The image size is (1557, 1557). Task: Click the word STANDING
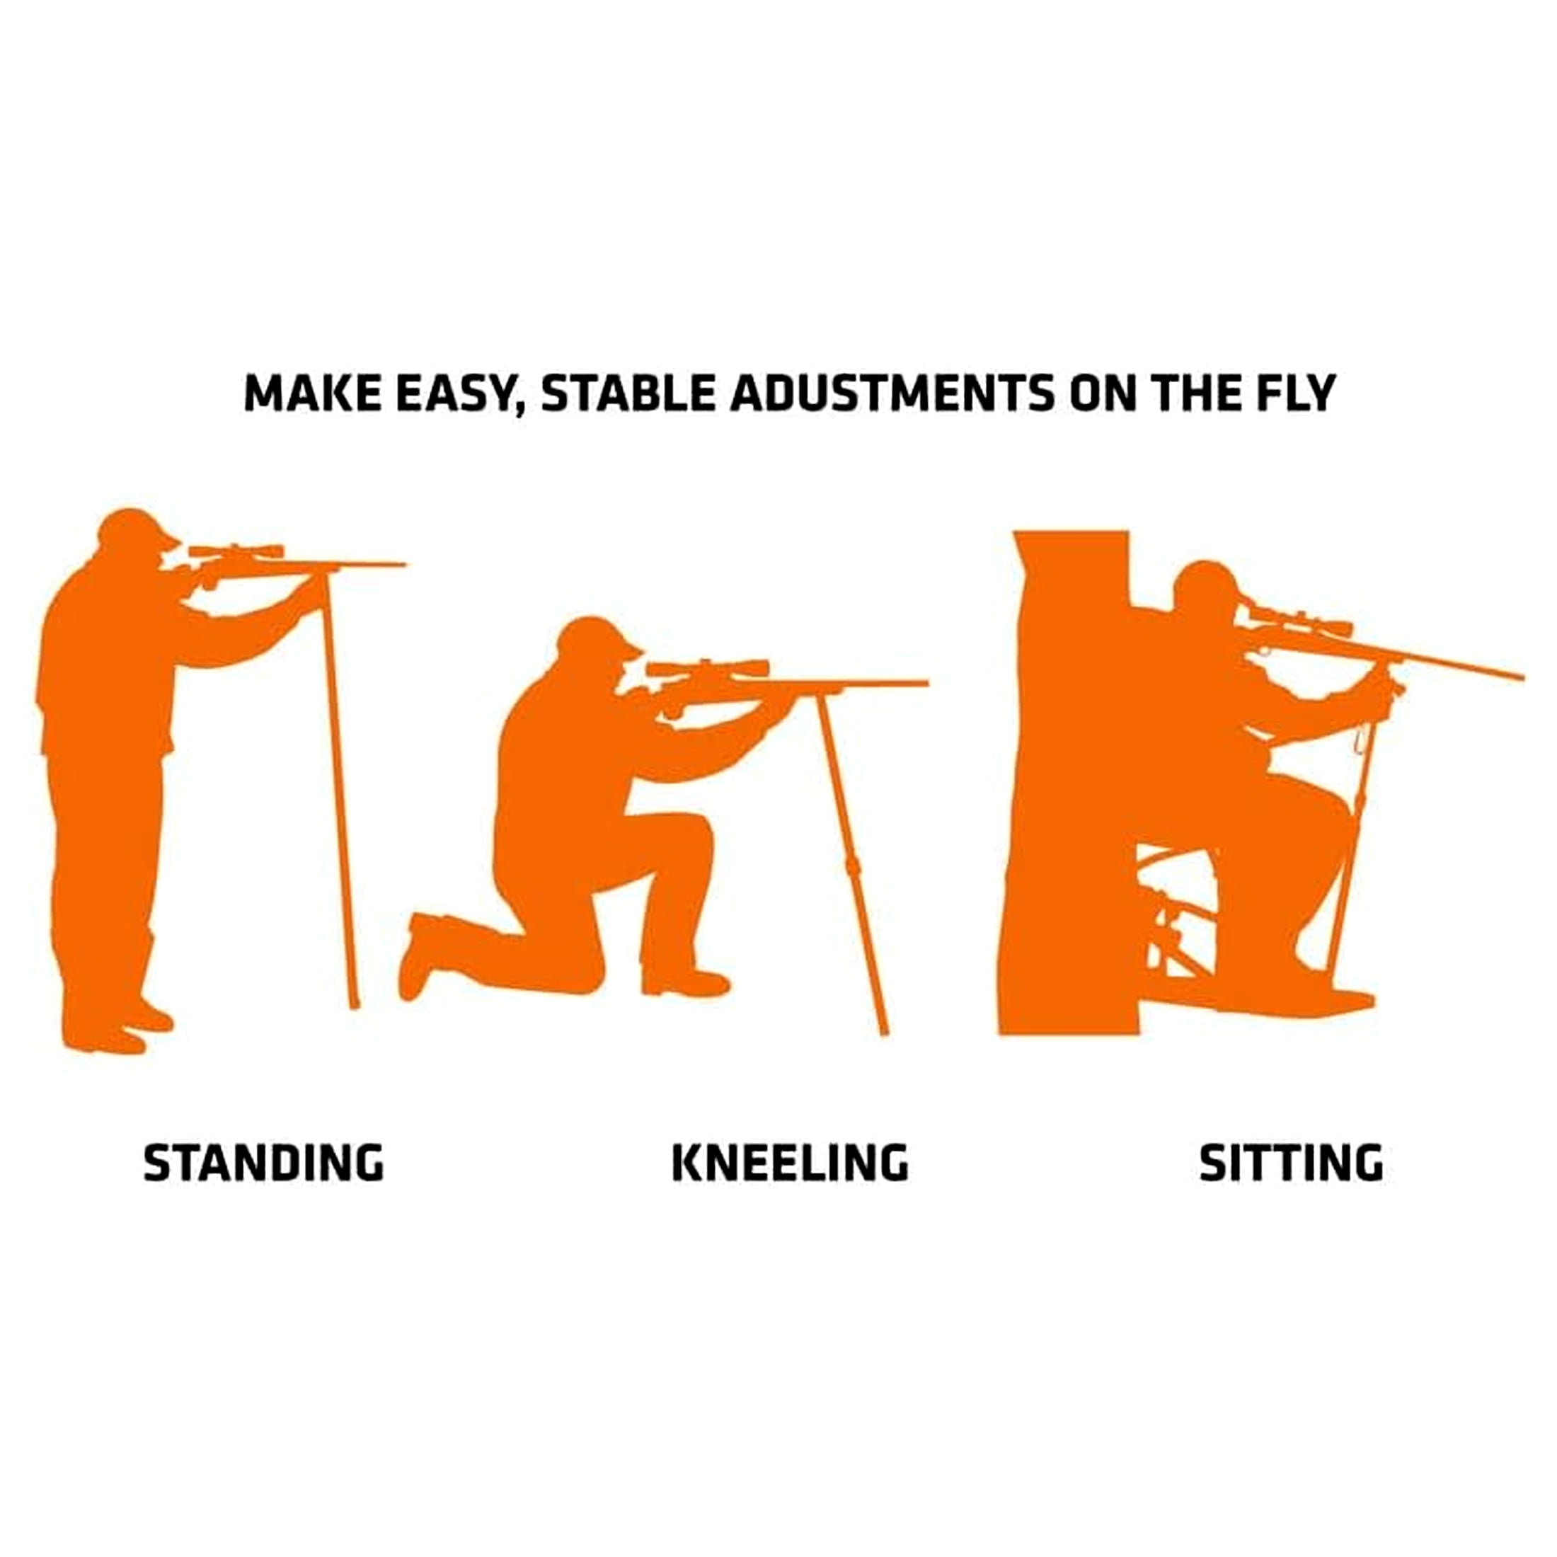[x=263, y=1163]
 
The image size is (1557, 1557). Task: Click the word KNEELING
[x=790, y=1163]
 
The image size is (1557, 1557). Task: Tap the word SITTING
[x=1291, y=1163]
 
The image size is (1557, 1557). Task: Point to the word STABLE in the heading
[x=627, y=393]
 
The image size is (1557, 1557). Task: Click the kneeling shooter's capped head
[x=597, y=647]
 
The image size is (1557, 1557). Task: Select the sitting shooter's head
[x=1205, y=592]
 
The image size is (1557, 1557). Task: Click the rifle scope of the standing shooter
[x=236, y=552]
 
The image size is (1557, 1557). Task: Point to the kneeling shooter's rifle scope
[x=708, y=668]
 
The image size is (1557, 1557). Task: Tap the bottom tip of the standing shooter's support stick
[x=354, y=1005]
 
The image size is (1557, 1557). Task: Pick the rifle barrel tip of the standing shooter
[x=406, y=564]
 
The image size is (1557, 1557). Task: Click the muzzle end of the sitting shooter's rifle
[x=1521, y=677]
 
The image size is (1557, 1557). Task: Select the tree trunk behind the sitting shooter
[x=1068, y=782]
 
